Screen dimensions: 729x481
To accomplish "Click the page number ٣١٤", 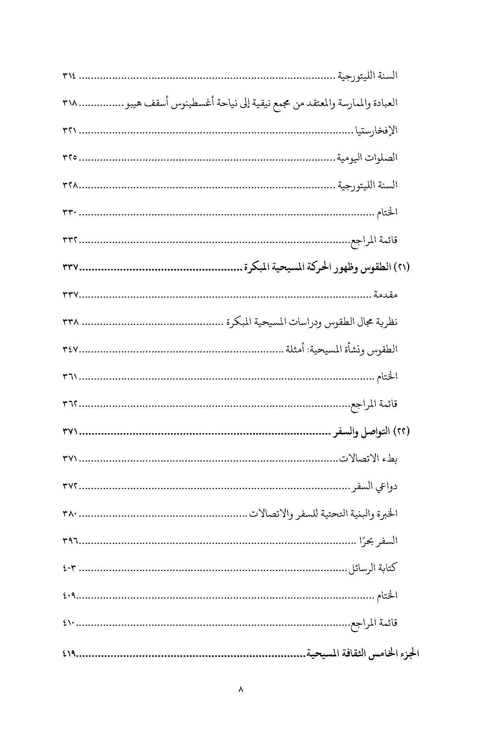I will [70, 76].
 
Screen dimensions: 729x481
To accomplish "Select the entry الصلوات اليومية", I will [367, 158].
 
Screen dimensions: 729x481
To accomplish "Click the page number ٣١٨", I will [70, 104].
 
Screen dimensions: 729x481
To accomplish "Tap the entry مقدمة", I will [386, 295].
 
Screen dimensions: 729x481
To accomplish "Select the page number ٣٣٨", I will [71, 322].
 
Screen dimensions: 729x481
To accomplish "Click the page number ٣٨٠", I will [71, 514].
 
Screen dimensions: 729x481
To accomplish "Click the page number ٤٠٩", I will [70, 595].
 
